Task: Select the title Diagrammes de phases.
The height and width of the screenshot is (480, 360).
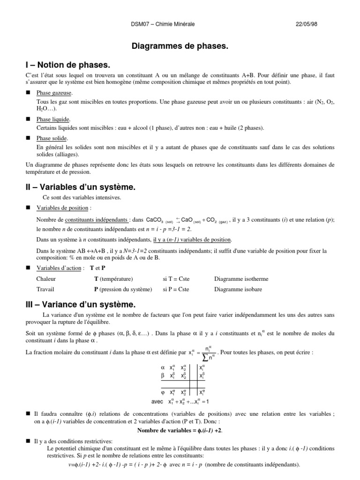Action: (x=180, y=47)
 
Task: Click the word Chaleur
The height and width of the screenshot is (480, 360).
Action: (x=46, y=278)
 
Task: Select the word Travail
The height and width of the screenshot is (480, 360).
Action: (x=45, y=289)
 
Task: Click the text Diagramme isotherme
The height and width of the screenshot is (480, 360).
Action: (x=241, y=278)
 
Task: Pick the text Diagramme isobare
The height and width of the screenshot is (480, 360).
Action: (x=238, y=289)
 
